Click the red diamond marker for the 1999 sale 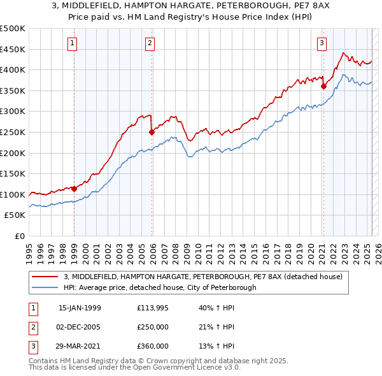[x=74, y=189]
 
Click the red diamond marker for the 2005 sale [x=152, y=133]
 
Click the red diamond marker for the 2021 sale [x=323, y=87]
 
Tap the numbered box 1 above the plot [x=72, y=43]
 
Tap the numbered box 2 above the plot [x=149, y=43]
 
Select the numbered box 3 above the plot [x=322, y=43]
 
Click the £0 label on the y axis [x=20, y=236]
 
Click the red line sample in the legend [x=45, y=277]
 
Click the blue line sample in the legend [x=45, y=287]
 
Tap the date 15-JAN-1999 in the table [x=80, y=308]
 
